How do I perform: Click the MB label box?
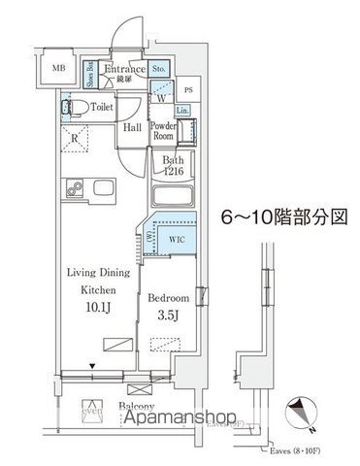click(x=59, y=68)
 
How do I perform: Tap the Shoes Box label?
click(x=90, y=75)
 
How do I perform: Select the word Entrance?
click(x=125, y=70)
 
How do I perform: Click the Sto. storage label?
click(x=160, y=70)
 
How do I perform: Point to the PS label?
click(x=188, y=90)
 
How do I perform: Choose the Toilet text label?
click(x=102, y=108)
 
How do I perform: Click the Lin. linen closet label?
click(x=182, y=112)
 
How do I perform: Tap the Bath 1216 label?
click(x=173, y=166)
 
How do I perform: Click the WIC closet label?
click(x=177, y=236)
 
